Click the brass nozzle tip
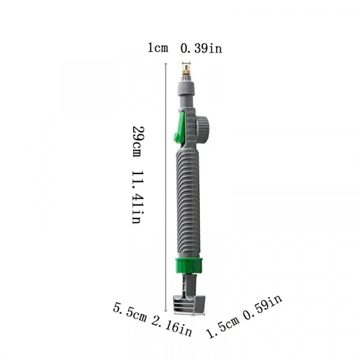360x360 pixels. click(186, 70)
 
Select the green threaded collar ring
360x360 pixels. click(189, 266)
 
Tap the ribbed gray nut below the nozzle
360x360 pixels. click(186, 89)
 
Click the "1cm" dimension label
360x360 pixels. click(158, 47)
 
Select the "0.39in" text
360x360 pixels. click(201, 49)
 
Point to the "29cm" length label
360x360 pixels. click(138, 141)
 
